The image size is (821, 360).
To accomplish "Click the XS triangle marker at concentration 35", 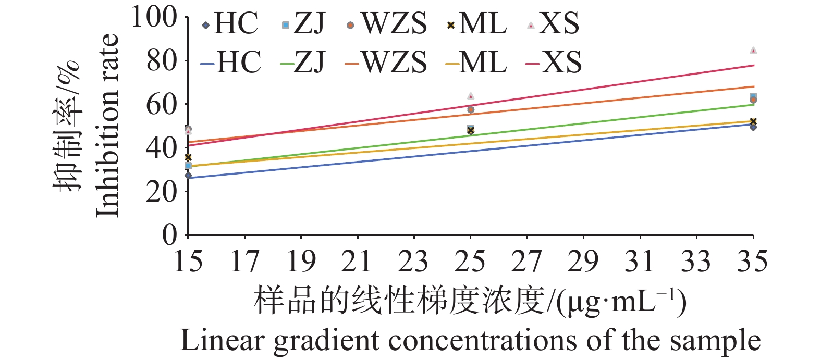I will click(753, 51).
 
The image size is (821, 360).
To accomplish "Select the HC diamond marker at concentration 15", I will click(188, 176).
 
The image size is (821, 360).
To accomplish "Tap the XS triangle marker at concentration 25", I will click(471, 96).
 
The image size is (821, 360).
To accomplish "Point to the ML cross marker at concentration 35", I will click(753, 121).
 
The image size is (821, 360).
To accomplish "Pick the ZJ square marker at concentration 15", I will click(188, 166).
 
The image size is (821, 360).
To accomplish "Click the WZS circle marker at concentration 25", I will click(471, 110).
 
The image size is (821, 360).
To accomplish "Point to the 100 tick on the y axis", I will click(154, 17).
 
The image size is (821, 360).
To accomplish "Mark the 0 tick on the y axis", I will click(169, 235).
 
